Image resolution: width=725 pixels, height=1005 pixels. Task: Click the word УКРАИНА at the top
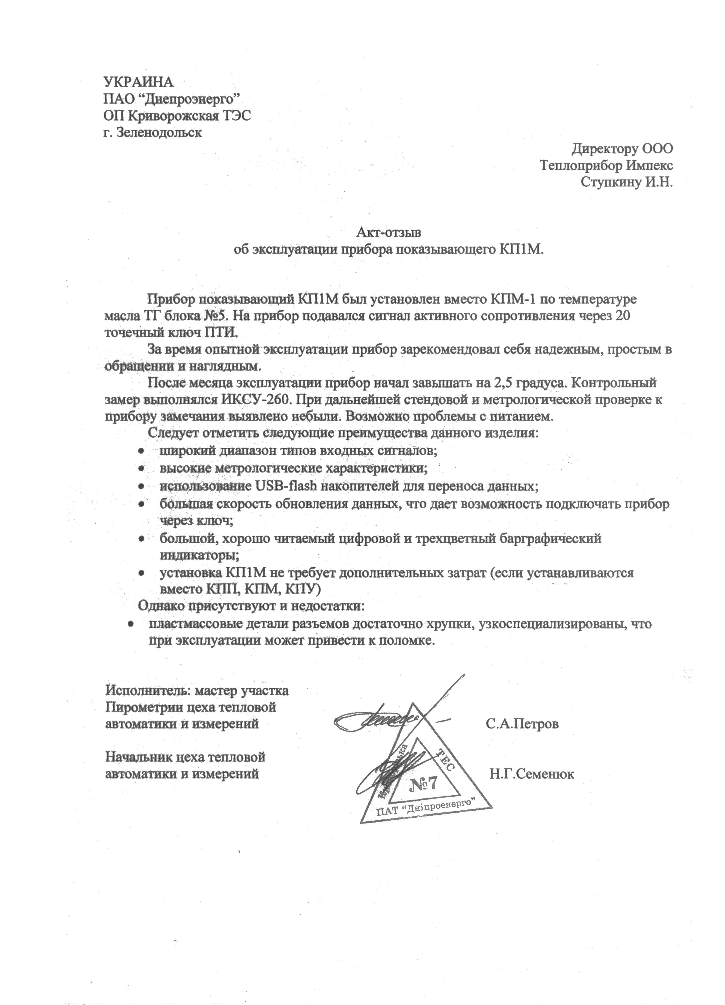pos(138,82)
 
